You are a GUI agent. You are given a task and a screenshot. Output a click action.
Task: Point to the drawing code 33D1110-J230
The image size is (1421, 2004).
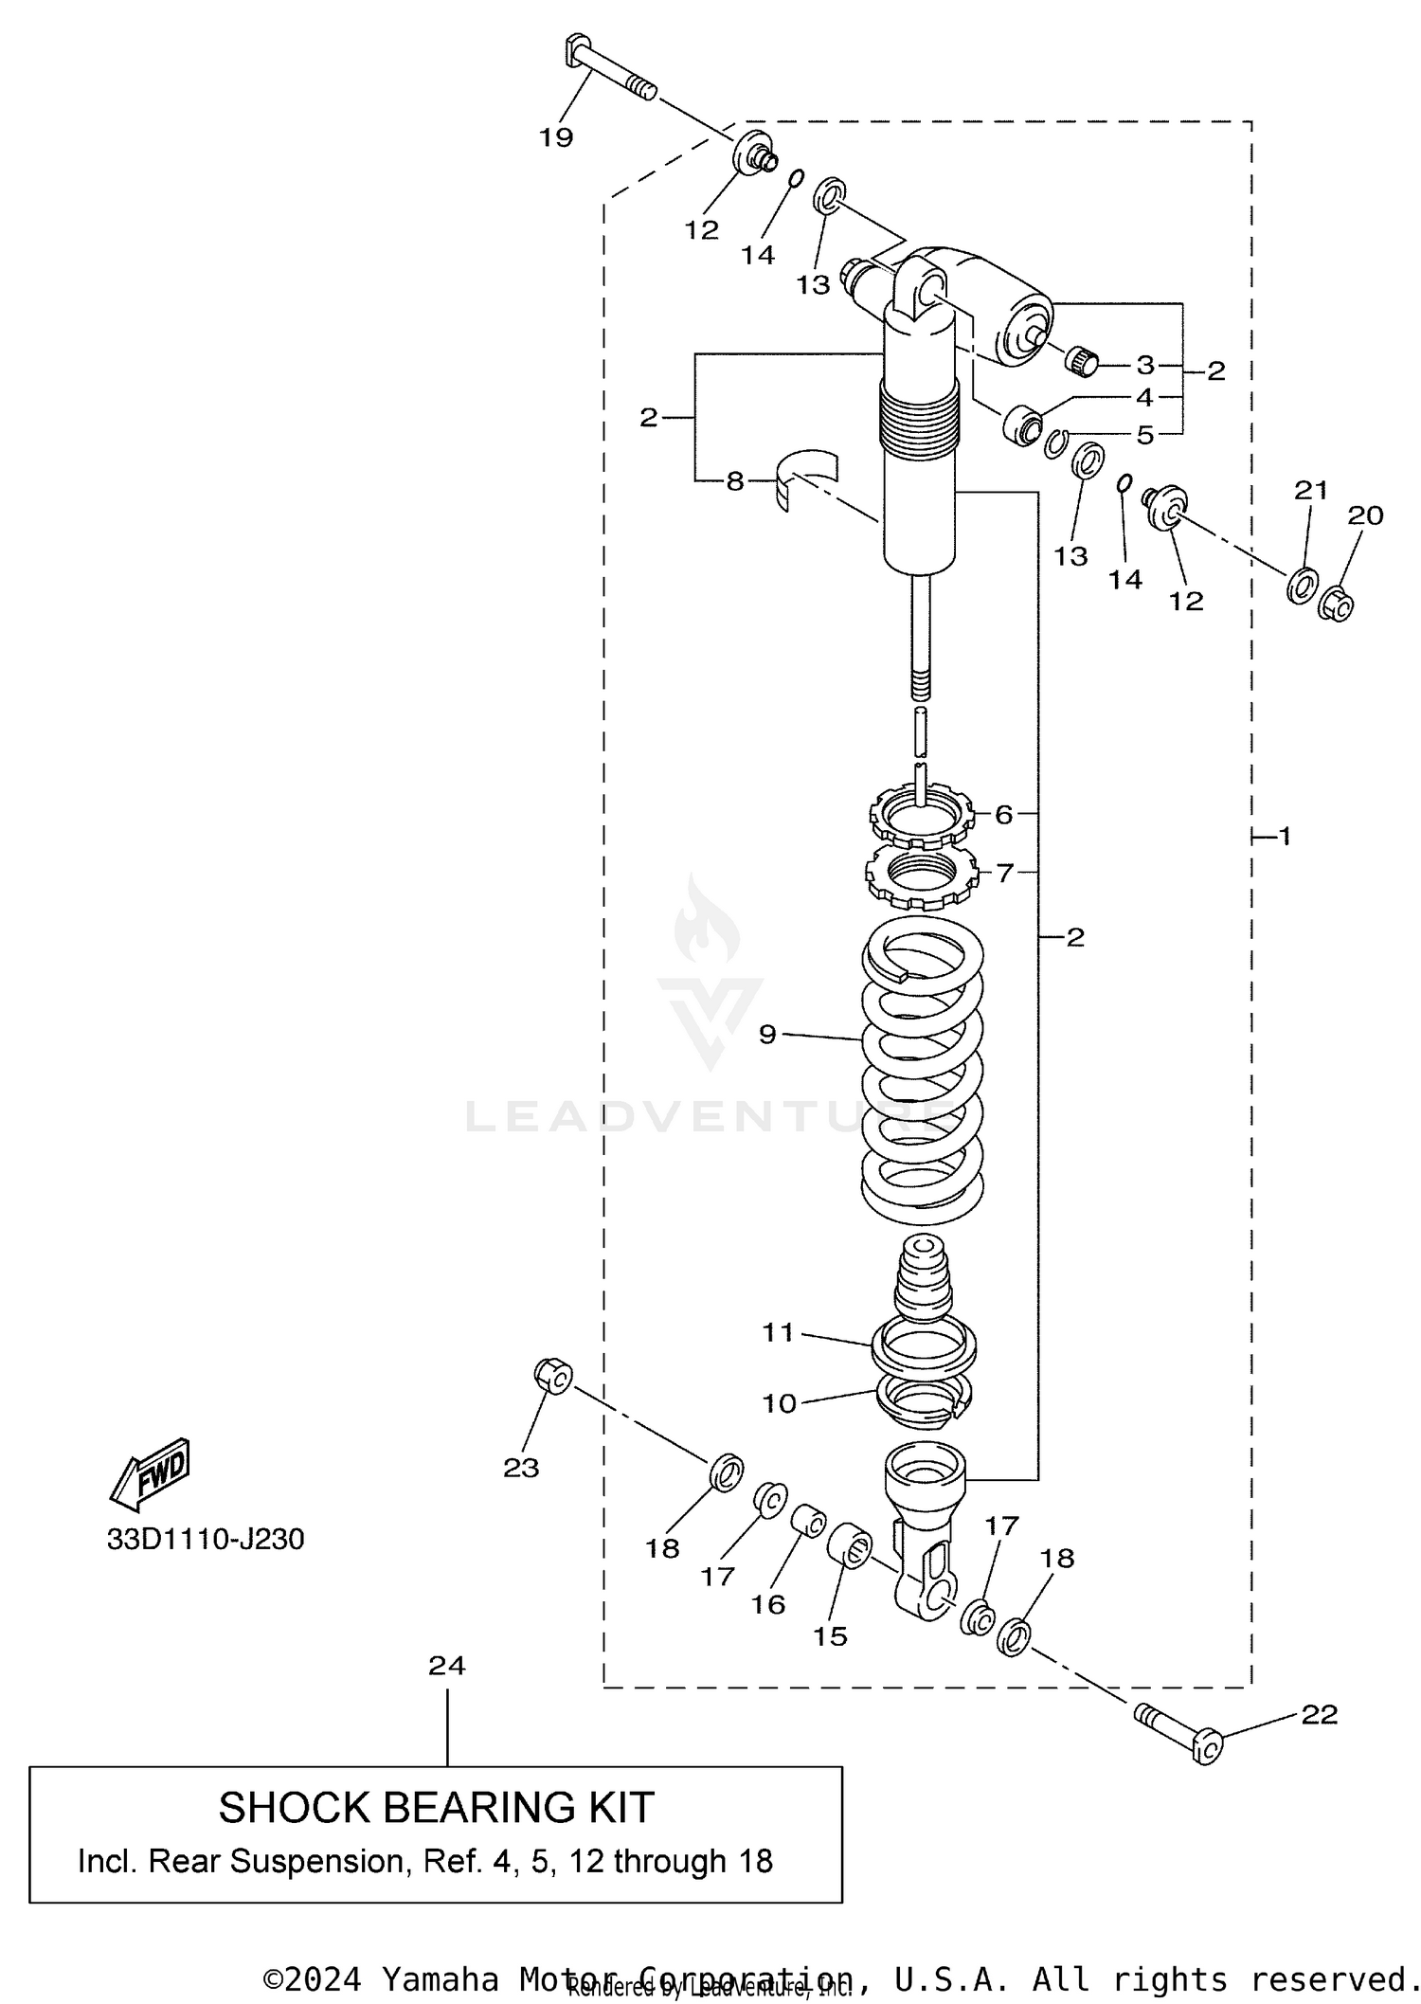coord(206,1540)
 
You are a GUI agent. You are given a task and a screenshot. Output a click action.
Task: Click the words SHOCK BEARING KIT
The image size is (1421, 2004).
coord(436,1808)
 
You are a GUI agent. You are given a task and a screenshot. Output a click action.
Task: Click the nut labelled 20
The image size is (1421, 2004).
coord(1337,604)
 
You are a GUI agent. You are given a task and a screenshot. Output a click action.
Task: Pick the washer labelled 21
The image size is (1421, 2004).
coord(1303,585)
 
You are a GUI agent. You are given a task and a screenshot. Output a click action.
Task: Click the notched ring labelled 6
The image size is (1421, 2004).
coord(922,813)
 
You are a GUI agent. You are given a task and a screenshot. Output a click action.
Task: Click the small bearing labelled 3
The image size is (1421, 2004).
coord(1083,361)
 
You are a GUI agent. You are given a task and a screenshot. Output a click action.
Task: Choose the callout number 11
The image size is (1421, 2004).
coord(778,1331)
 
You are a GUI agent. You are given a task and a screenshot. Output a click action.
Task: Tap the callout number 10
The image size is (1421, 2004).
coord(779,1403)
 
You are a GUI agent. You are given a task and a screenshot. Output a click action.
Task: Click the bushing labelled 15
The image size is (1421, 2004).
coord(850,1544)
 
